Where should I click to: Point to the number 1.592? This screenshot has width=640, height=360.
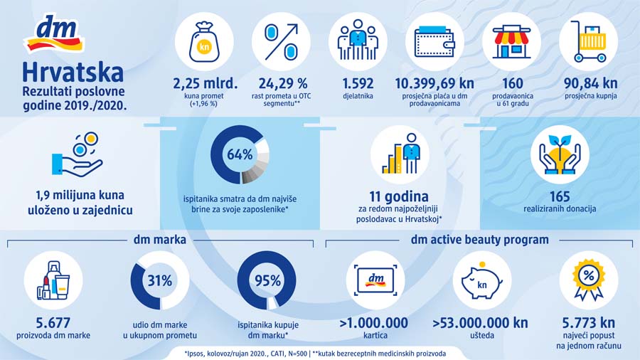coord(358,83)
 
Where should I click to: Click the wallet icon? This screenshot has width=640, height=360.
coord(434,41)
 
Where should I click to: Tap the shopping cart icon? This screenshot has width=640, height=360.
coord(587,41)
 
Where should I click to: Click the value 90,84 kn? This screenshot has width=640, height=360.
coord(588,83)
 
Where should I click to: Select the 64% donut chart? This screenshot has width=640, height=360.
coord(240,154)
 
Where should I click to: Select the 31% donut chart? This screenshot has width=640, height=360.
coord(159,280)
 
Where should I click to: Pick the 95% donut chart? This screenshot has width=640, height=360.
coord(267,280)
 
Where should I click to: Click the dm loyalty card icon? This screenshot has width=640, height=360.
coord(373,280)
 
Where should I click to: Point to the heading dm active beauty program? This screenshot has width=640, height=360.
coord(479,240)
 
